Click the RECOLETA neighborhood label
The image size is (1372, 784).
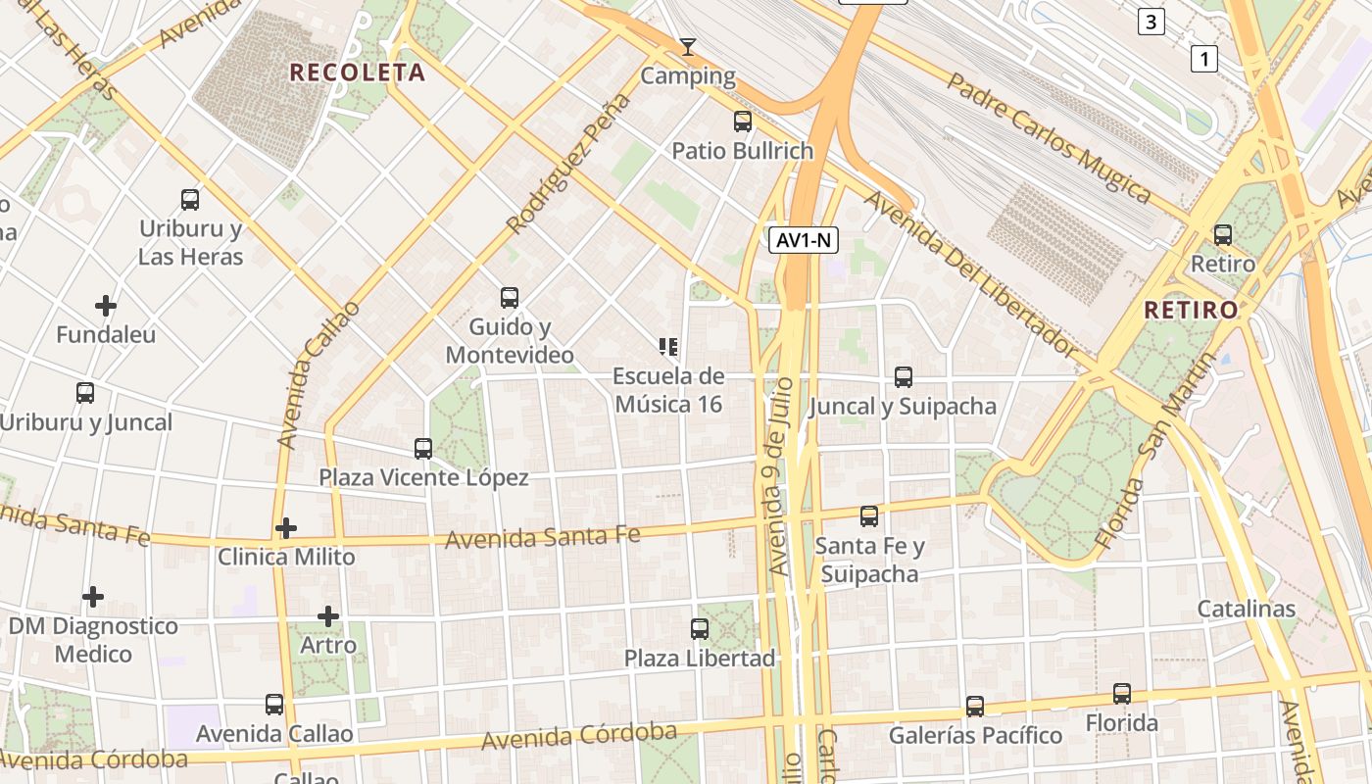pyautogui.click(x=358, y=72)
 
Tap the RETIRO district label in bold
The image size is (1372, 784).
pyautogui.click(x=1191, y=311)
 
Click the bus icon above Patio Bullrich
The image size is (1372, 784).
pyautogui.click(x=743, y=122)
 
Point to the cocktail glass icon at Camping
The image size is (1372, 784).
pyautogui.click(x=688, y=46)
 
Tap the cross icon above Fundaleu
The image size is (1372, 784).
pyautogui.click(x=106, y=305)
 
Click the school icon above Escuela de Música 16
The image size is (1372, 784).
pyautogui.click(x=668, y=346)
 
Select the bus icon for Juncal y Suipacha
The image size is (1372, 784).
pyautogui.click(x=904, y=376)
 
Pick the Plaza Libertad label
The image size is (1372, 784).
pyautogui.click(x=700, y=658)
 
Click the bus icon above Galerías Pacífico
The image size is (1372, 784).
pyautogui.click(x=975, y=706)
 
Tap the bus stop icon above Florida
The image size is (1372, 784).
pyautogui.click(x=1122, y=694)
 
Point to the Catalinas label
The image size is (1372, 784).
pyautogui.click(x=1247, y=609)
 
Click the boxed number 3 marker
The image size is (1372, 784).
pyautogui.click(x=1151, y=22)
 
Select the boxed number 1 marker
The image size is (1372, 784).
pyautogui.click(x=1203, y=59)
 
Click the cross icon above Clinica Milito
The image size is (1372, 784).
pyautogui.click(x=286, y=528)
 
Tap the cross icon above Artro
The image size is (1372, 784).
pyautogui.click(x=328, y=616)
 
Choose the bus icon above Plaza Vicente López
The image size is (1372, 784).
pyautogui.click(x=423, y=448)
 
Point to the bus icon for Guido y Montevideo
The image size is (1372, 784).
pyautogui.click(x=510, y=297)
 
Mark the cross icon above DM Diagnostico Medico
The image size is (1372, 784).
pyautogui.click(x=93, y=596)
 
